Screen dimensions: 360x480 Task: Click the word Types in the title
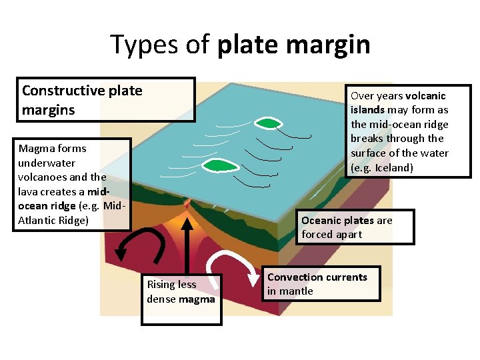click(x=141, y=45)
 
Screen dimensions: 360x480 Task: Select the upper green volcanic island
click(x=269, y=123)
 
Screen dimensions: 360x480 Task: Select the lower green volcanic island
click(x=220, y=165)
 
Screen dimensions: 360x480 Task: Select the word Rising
click(x=162, y=285)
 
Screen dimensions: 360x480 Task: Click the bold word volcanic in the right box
click(x=425, y=95)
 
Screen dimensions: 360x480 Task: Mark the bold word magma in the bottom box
click(x=198, y=299)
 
